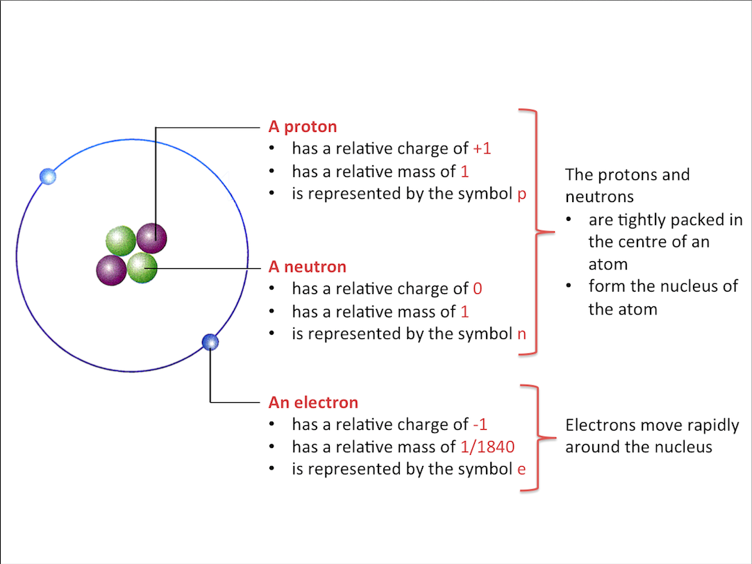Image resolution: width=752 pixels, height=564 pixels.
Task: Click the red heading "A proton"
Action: click(x=302, y=126)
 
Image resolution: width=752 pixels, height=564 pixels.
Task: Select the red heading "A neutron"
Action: click(x=307, y=267)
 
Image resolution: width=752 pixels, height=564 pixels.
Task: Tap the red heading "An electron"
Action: click(x=313, y=403)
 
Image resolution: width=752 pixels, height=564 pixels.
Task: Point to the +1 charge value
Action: click(x=482, y=149)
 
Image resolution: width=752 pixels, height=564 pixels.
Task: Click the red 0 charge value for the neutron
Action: click(x=477, y=289)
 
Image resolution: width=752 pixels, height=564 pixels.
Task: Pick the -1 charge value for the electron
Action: click(x=479, y=425)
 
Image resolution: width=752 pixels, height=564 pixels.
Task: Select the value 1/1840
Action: click(x=487, y=447)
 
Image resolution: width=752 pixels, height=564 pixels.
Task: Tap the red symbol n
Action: click(x=522, y=334)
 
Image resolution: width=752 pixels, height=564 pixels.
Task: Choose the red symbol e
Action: click(x=521, y=470)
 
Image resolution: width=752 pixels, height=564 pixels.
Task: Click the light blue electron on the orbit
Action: click(x=48, y=176)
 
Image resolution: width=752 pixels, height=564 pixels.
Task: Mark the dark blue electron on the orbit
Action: click(x=210, y=342)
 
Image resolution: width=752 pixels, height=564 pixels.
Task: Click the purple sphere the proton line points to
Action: click(x=152, y=238)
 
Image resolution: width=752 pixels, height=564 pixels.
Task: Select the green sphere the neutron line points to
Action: click(x=142, y=267)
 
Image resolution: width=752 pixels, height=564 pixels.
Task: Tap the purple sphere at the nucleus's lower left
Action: click(x=111, y=269)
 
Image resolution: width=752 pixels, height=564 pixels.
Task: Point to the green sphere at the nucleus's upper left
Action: click(x=121, y=240)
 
